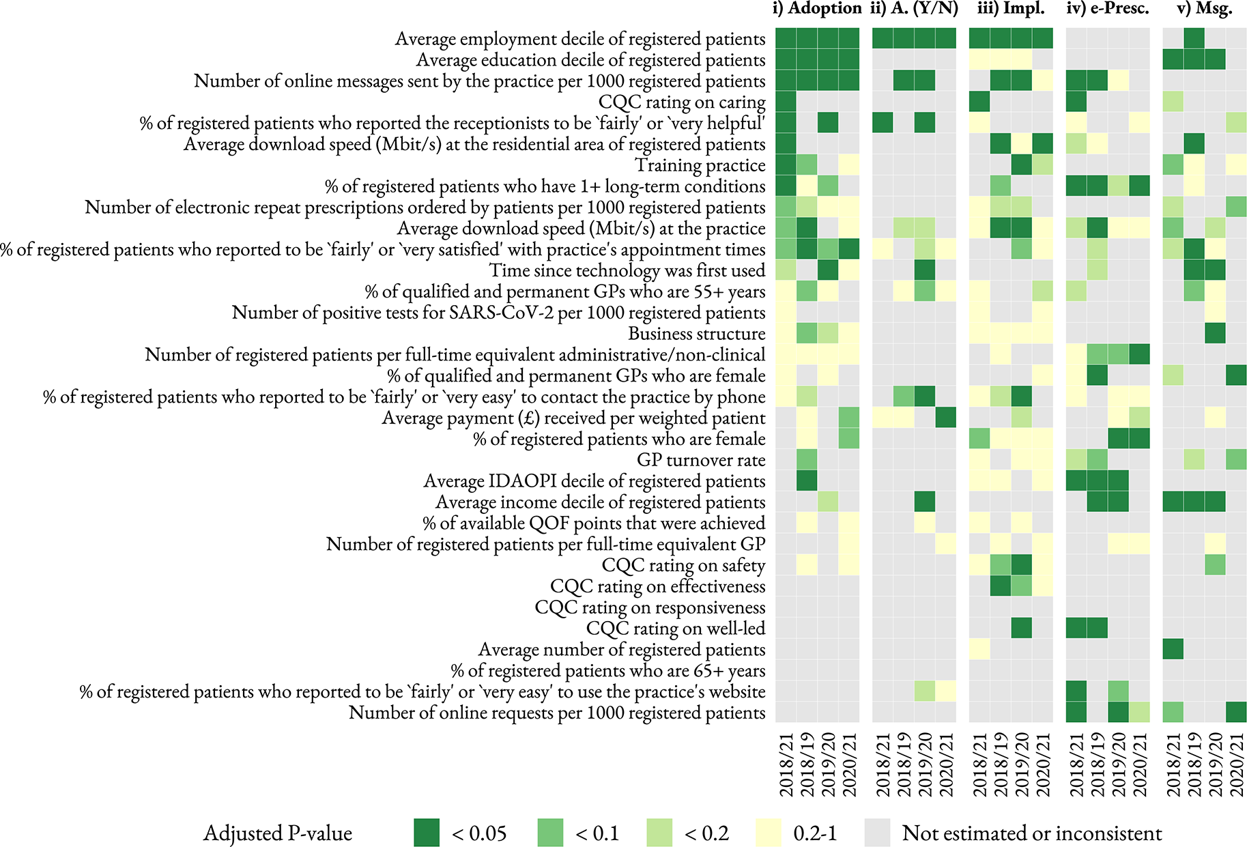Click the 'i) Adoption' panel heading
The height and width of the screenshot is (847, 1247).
pos(816,9)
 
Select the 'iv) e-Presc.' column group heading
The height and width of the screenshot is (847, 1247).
pos(1106,9)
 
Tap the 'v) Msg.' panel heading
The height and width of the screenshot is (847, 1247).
pos(1204,9)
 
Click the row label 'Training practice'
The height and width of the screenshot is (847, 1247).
pos(700,166)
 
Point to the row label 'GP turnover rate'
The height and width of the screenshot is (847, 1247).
pos(701,461)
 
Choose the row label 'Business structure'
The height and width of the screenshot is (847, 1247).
pos(697,334)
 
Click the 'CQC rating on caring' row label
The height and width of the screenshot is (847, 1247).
pos(682,102)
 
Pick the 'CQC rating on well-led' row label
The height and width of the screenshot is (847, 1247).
pos(676,629)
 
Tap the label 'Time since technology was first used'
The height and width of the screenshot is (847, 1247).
pos(627,271)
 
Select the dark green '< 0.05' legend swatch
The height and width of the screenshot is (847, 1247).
pos(427,833)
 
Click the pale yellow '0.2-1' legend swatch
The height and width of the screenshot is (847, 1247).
pos(769,833)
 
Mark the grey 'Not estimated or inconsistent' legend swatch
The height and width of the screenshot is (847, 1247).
pos(877,833)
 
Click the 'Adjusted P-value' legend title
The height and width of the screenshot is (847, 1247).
pos(278,833)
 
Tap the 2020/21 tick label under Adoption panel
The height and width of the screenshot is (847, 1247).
pos(850,764)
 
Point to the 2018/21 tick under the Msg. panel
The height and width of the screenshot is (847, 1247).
pos(1173,764)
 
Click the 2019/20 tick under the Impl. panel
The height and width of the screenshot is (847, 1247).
pos(1022,764)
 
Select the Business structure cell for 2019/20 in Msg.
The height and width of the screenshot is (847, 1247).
pos(1215,334)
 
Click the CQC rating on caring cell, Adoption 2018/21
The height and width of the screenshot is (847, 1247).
pos(786,102)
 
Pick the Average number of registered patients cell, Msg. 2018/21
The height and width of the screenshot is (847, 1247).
pos(1173,650)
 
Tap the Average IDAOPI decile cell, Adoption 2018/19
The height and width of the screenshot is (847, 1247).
pos(807,481)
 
